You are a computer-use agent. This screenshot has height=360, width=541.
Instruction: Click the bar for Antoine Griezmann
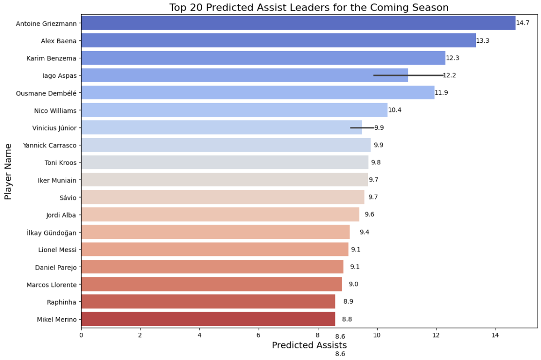[298, 23]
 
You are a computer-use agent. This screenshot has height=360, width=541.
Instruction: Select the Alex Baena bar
[278, 41]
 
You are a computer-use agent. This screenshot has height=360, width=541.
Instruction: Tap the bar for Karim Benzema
[263, 58]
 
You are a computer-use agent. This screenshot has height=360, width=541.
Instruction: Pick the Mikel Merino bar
[208, 319]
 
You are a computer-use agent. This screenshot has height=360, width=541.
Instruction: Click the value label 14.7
[523, 23]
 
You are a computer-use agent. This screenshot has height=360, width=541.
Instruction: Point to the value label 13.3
[483, 41]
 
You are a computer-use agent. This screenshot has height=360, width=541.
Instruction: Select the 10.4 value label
[395, 110]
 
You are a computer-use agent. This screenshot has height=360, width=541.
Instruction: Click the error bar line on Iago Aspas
[408, 75]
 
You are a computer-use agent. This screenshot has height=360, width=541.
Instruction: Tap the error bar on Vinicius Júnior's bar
[362, 127]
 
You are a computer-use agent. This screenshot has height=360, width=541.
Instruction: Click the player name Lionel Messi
[57, 250]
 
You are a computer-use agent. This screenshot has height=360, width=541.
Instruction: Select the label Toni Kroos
[60, 162]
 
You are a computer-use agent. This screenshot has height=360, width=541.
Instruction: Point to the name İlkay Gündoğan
[52, 233]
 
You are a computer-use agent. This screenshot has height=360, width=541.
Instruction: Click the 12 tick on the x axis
[436, 336]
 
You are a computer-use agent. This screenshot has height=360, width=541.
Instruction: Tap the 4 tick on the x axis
[199, 336]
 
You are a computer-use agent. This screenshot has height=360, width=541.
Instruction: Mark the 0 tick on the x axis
[81, 336]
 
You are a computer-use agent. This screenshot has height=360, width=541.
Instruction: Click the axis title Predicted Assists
[309, 345]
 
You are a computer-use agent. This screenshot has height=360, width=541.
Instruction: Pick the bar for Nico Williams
[234, 110]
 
